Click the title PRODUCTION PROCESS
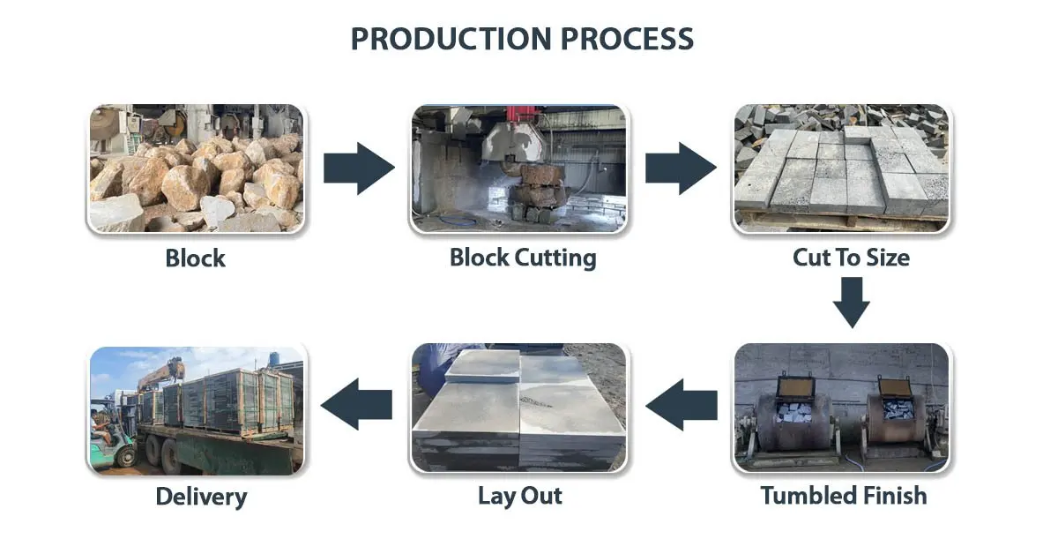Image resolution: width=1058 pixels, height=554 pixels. pos(522,39)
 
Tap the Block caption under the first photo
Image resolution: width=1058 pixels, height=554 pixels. pos(195,258)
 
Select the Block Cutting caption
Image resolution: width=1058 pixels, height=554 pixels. pos(523,258)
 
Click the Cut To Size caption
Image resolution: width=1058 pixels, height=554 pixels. pos(851,258)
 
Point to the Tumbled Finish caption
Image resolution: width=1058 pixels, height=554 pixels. pos(844,496)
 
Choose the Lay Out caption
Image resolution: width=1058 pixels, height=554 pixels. pos(520,496)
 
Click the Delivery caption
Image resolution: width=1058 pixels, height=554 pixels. pos(201,497)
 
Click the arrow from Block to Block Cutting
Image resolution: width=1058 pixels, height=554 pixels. pos(357,167)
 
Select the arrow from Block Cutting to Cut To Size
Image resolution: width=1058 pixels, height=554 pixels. pos(680,167)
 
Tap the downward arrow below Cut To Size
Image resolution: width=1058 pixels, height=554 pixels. pos(852,303)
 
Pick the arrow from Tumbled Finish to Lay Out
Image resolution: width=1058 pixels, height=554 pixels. pos(682,405)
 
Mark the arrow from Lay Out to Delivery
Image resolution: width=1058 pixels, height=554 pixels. pos(357,405)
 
